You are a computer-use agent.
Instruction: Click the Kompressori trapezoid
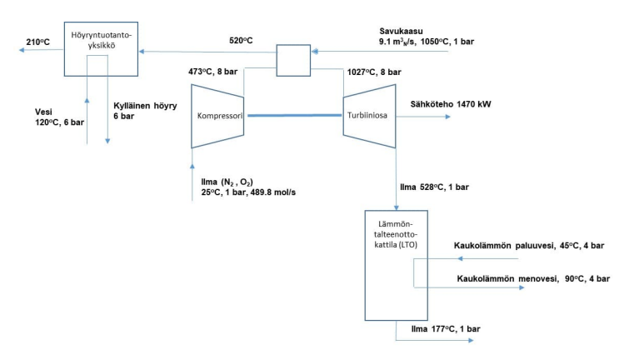click(218, 117)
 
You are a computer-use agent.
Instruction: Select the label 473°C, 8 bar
click(219, 72)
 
